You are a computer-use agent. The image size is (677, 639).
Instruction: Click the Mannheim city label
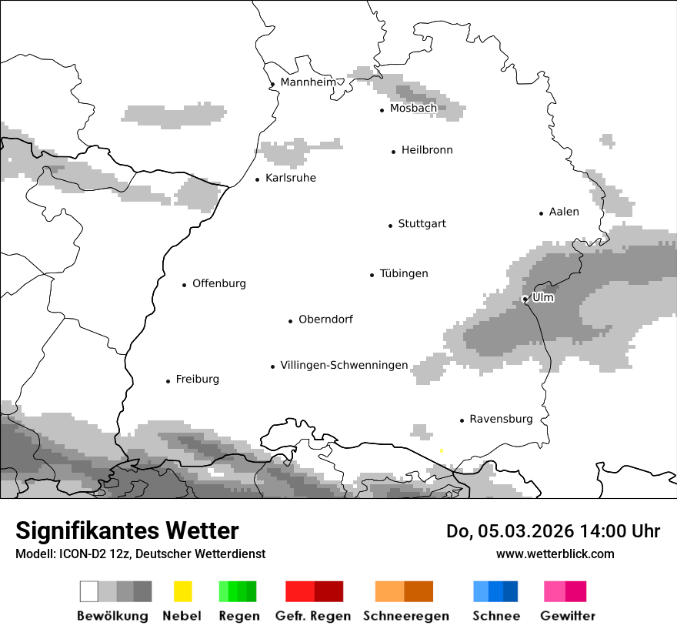pos(308,82)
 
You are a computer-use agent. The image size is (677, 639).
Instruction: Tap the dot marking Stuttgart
pos(390,226)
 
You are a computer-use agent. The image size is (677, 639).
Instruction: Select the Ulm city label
pos(543,297)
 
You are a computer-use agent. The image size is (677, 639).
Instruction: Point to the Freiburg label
pos(197,380)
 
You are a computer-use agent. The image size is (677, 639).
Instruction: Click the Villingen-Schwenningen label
pos(344,366)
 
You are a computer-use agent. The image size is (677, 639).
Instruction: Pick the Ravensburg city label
pos(501,420)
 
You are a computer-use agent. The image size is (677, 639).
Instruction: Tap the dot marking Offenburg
pos(184,285)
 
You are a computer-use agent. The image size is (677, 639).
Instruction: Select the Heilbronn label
pos(427,150)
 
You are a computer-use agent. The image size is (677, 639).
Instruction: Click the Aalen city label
pos(564,212)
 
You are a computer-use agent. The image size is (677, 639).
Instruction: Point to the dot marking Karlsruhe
pos(257,179)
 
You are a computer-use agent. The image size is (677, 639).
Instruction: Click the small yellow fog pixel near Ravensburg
pos(441,450)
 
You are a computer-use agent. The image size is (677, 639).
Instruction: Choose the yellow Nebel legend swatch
pos(182,591)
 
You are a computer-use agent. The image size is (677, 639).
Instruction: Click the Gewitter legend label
pos(567,616)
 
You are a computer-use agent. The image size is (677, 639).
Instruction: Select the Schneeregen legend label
pos(405,616)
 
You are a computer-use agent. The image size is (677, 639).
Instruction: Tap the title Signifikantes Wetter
pos(127,531)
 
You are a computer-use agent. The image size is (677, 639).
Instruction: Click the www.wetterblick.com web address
pos(555,554)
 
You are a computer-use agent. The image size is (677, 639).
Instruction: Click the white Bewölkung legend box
pos(88,591)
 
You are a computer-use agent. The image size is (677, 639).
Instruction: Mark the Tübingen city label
pos(404,274)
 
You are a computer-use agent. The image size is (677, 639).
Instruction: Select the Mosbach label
pos(413,109)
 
